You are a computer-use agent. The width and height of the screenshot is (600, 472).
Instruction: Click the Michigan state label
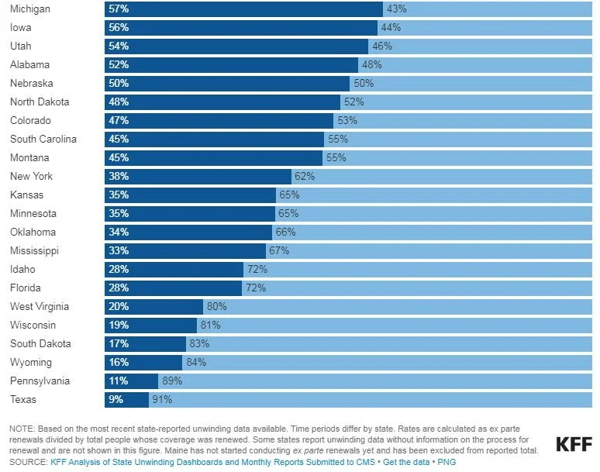click(30, 9)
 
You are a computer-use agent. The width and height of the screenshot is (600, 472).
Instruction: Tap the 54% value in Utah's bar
click(119, 46)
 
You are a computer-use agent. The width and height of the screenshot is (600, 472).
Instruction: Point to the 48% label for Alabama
click(371, 64)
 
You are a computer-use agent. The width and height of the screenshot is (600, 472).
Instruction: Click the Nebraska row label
click(32, 83)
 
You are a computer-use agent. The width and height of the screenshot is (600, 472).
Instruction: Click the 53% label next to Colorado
click(347, 120)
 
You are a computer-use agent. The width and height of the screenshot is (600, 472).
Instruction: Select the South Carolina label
click(43, 139)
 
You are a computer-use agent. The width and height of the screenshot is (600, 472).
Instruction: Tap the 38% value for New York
click(119, 176)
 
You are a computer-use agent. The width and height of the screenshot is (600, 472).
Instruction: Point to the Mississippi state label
click(34, 250)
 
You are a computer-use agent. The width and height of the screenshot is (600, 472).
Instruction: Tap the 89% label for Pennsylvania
click(171, 381)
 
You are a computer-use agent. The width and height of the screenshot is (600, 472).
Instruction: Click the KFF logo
click(574, 444)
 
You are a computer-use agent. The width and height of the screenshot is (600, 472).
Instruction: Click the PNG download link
click(447, 462)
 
